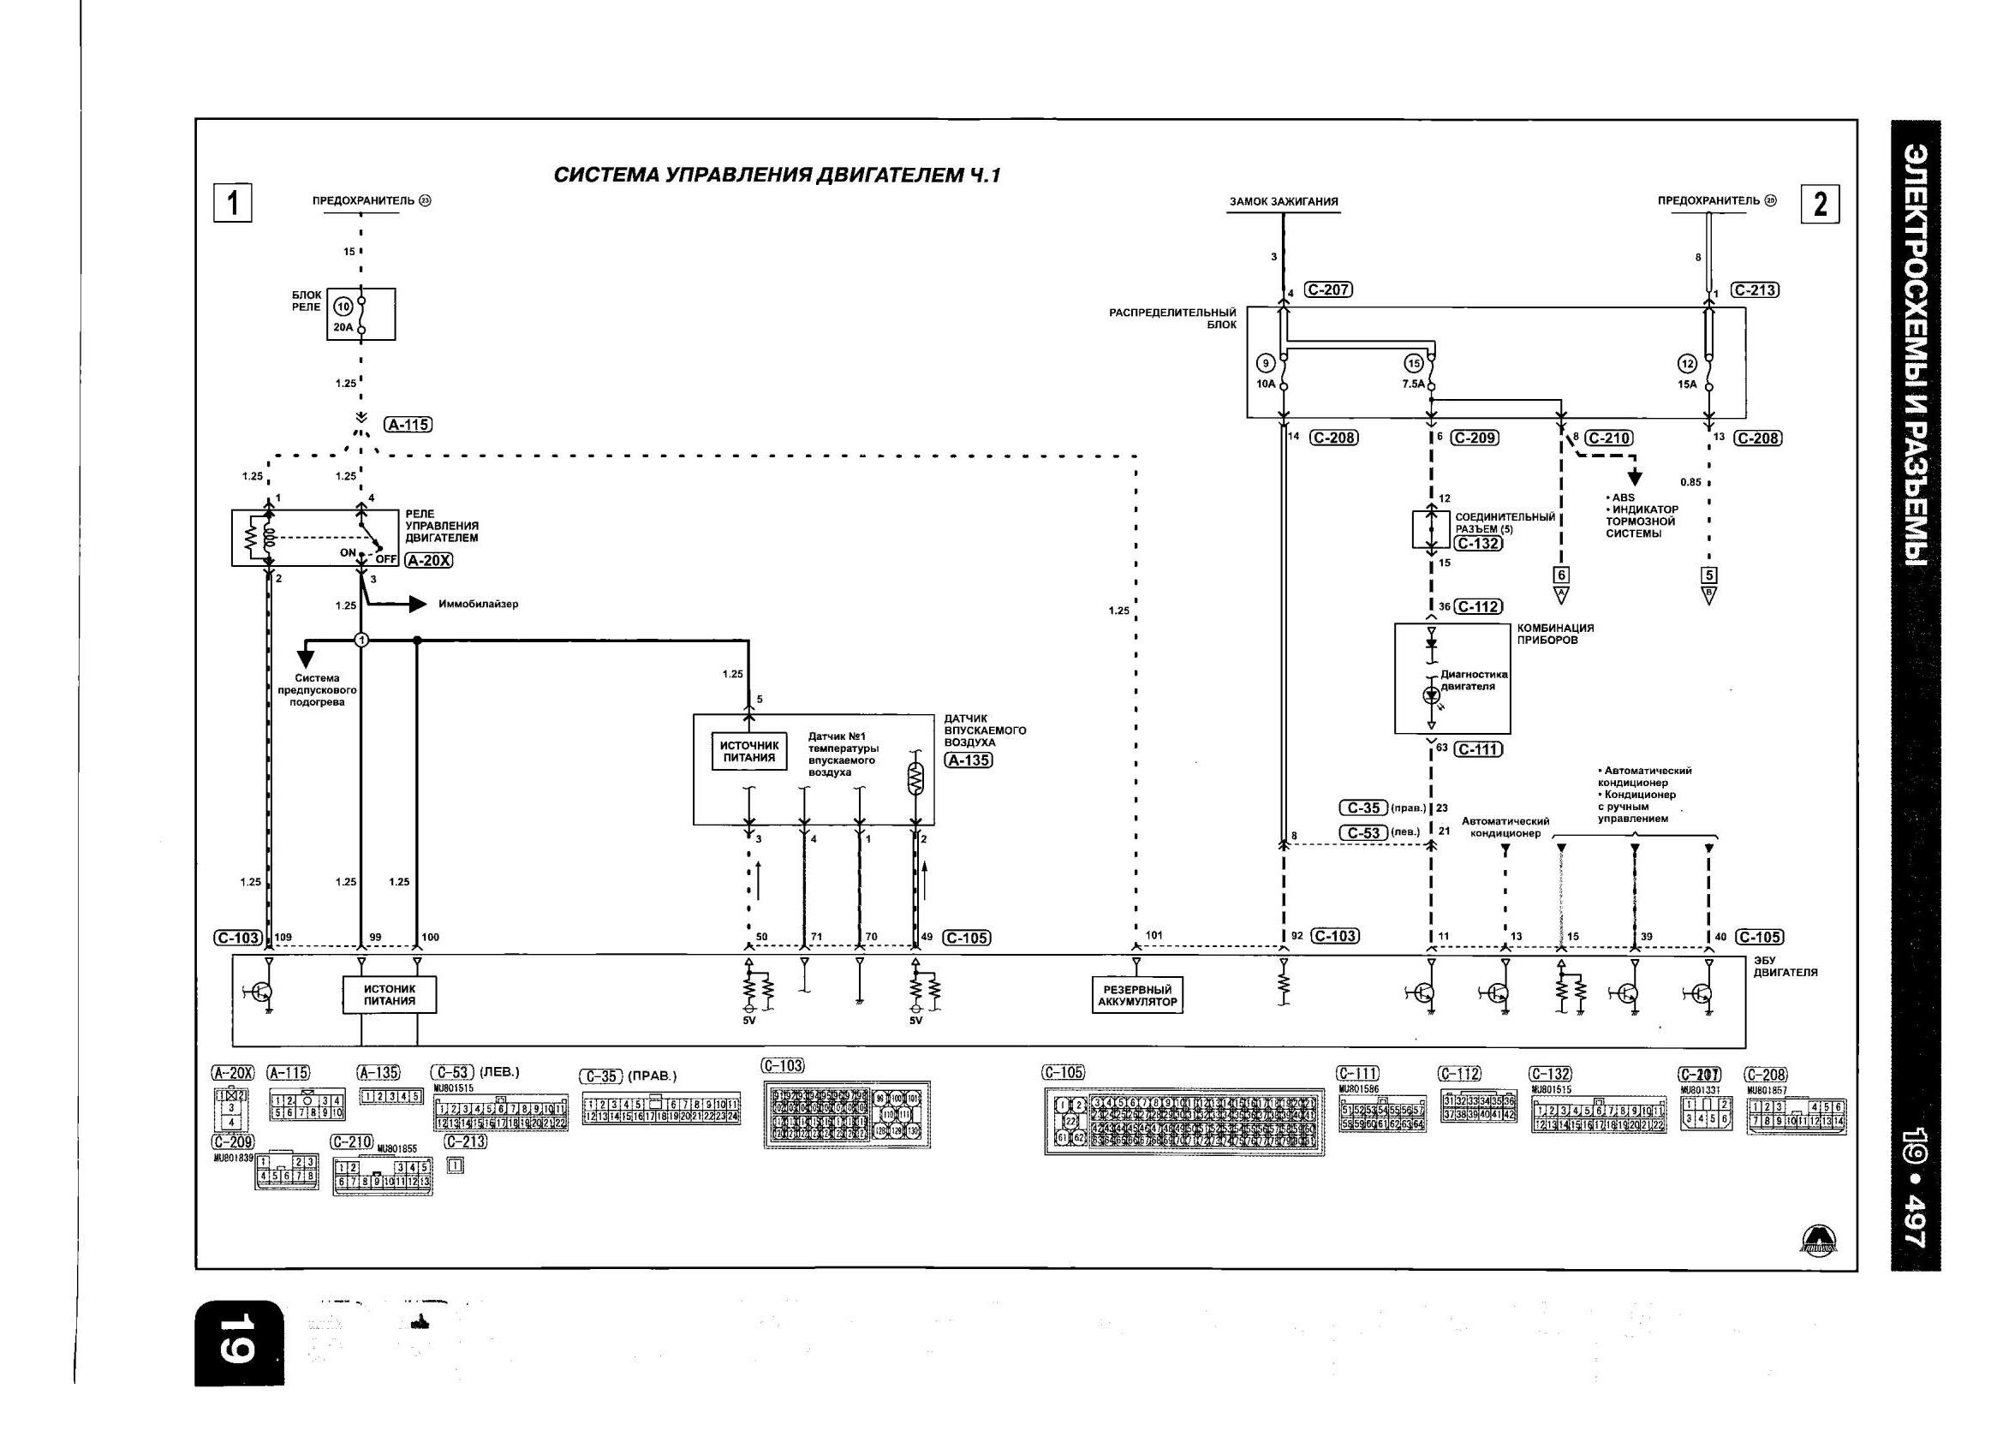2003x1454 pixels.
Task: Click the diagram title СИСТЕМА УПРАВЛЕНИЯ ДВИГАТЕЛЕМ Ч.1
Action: click(x=778, y=175)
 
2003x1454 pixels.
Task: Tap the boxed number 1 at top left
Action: click(x=233, y=203)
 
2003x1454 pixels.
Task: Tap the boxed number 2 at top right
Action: click(x=1819, y=204)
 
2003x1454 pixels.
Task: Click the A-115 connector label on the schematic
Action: click(x=408, y=424)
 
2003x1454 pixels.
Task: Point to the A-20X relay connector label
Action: click(x=428, y=560)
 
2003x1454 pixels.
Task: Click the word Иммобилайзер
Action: click(x=478, y=605)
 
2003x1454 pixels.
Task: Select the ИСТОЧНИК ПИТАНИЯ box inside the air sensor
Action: click(x=749, y=751)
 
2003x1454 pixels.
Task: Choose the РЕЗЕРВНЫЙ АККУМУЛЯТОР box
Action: click(x=1136, y=996)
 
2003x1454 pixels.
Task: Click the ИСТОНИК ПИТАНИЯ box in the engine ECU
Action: click(x=390, y=995)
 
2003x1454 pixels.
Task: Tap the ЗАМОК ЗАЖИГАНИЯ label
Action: click(x=1283, y=201)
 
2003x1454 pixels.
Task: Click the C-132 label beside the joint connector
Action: click(x=1477, y=543)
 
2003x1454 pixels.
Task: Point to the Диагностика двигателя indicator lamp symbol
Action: click(x=1431, y=695)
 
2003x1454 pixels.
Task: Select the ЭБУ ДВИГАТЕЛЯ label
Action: click(x=1785, y=966)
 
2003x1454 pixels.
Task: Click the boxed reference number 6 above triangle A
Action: click(x=1560, y=575)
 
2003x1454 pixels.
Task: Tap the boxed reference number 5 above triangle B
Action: click(x=1709, y=575)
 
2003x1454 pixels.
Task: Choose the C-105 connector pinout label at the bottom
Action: click(x=1063, y=1072)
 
